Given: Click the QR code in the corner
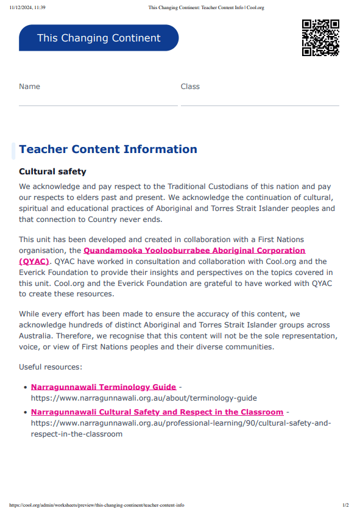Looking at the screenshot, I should [320, 38].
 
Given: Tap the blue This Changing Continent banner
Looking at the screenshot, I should [99, 38].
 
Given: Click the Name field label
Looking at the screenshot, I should [29, 87].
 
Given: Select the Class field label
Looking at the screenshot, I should [190, 87].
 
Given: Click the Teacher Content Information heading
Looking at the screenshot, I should [108, 149].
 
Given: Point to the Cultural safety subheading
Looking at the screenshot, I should [52, 172].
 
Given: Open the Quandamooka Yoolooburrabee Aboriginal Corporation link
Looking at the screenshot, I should [194, 251].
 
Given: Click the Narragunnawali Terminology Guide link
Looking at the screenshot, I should [103, 387].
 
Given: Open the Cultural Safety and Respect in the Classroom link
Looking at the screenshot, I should [157, 412].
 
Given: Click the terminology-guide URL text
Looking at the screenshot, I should [144, 398].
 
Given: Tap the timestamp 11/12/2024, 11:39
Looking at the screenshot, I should [27, 7].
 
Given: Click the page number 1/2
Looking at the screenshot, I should [345, 505].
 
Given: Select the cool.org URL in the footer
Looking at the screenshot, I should [97, 505].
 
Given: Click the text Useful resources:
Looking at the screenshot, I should [50, 367].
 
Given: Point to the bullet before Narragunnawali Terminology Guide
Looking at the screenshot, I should [24, 388].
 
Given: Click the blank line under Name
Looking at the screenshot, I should [97, 105].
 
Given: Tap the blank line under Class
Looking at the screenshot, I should [259, 105].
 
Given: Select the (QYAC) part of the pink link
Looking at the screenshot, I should [34, 261].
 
